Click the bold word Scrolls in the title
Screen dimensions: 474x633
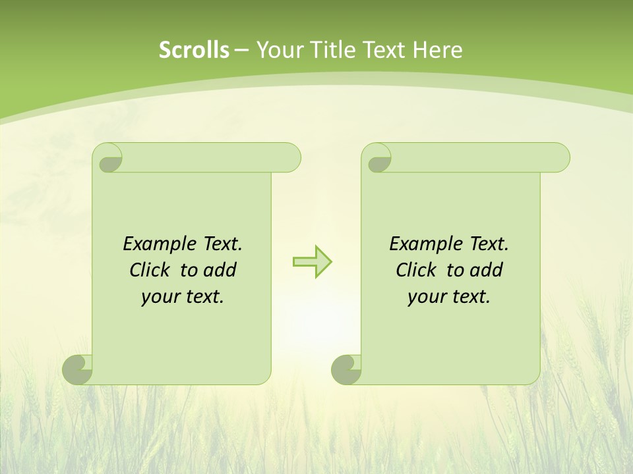coord(195,50)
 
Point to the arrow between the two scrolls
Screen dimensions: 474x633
coord(312,262)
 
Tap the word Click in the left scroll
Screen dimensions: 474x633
coord(151,270)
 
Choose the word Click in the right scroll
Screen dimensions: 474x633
coord(417,270)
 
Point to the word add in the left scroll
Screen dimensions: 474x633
coord(220,270)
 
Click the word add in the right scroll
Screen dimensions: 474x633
coord(487,270)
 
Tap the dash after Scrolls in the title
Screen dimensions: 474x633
coord(242,50)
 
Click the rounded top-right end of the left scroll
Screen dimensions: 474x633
coord(290,158)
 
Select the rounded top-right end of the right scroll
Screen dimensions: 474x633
coord(559,158)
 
